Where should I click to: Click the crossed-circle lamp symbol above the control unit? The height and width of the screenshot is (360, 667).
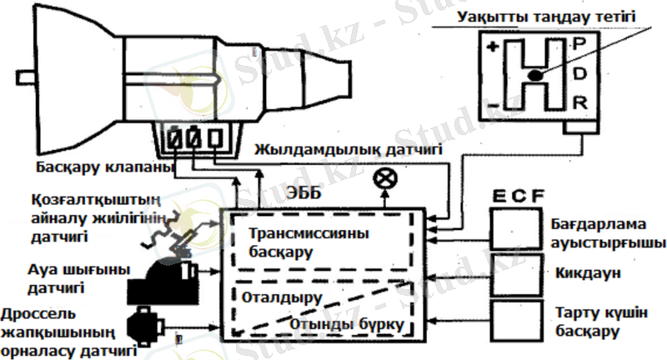click(x=385, y=177)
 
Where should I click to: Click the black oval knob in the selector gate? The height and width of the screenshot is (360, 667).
click(x=534, y=77)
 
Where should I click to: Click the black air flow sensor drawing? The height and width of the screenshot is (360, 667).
click(x=165, y=278)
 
